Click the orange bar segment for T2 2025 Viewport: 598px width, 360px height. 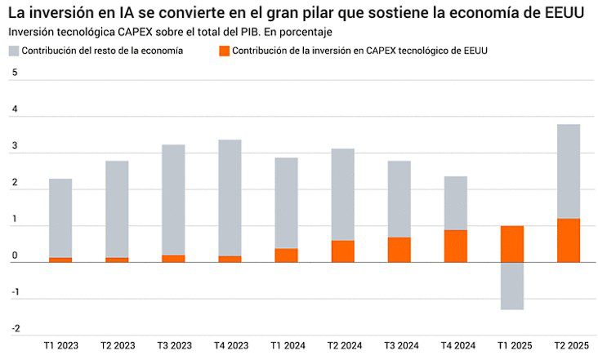(x=568, y=240)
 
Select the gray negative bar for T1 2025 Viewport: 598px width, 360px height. (x=511, y=286)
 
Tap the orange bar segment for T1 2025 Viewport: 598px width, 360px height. (x=511, y=244)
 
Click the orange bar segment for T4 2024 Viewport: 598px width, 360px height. (x=455, y=246)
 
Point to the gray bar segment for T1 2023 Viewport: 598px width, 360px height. (x=60, y=218)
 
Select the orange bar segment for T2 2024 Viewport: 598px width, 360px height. (x=342, y=251)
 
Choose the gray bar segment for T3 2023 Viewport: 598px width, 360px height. (x=173, y=200)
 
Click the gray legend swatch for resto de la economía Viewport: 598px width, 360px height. (x=14, y=51)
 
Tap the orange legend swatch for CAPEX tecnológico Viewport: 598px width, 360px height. (x=224, y=51)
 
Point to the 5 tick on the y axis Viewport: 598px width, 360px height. (x=14, y=73)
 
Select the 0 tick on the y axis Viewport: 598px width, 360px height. (x=14, y=256)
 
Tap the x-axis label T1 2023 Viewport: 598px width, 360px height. (x=60, y=346)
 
